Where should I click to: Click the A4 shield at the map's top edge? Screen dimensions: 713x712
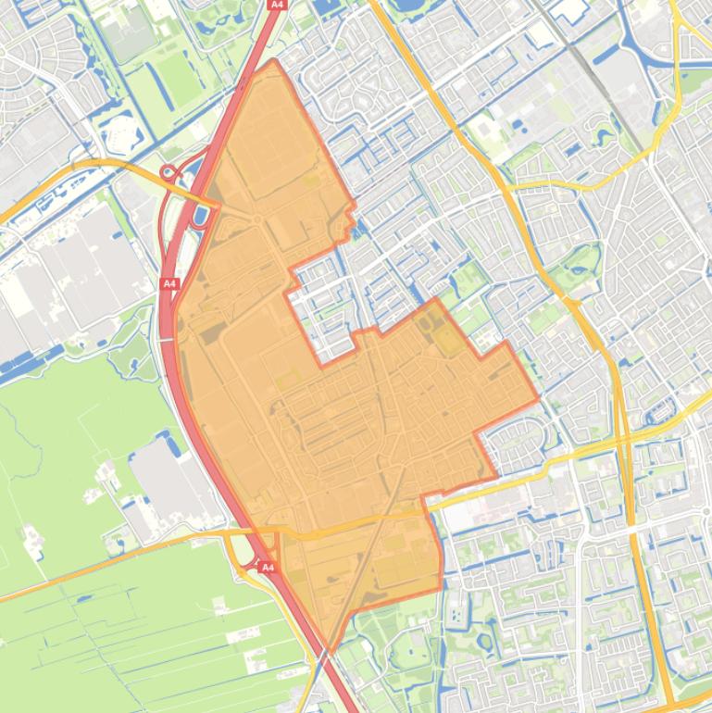[276, 5]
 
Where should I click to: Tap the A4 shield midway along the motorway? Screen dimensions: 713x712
[169, 283]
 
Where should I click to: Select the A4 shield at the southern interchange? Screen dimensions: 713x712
[268, 567]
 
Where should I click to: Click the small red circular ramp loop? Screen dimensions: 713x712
[169, 172]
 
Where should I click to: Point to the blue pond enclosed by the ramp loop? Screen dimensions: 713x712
[199, 218]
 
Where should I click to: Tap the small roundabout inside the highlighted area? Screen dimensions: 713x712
[256, 219]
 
